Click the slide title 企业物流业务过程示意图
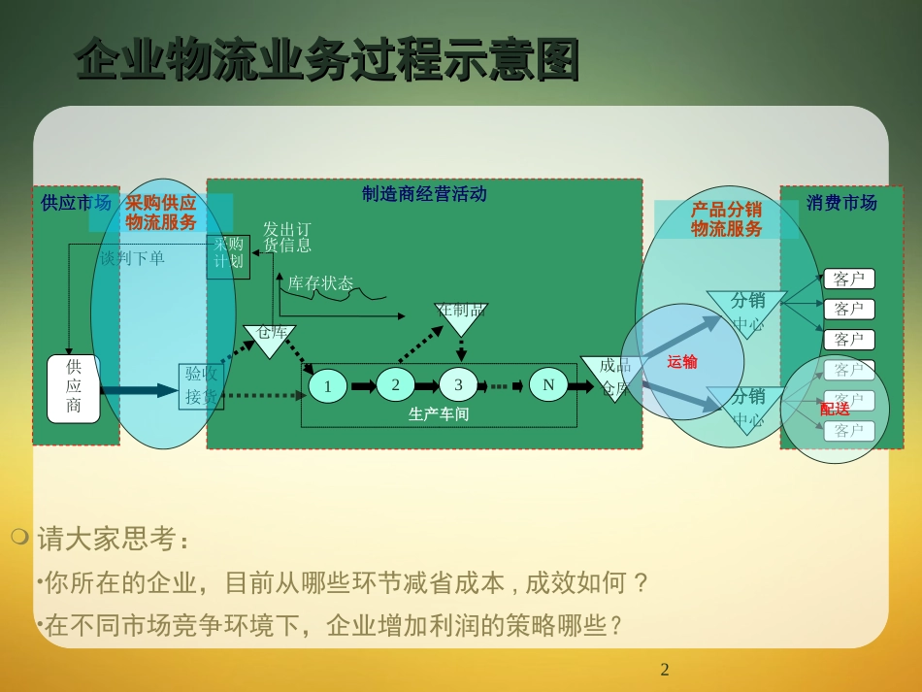pyautogui.click(x=327, y=60)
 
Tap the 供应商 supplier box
pyautogui.click(x=74, y=388)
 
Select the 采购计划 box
pyautogui.click(x=228, y=256)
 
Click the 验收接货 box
pyautogui.click(x=202, y=385)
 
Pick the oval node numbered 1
pyautogui.click(x=328, y=386)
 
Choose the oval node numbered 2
pyautogui.click(x=395, y=384)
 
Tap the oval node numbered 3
pyautogui.click(x=459, y=384)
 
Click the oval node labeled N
pyautogui.click(x=548, y=384)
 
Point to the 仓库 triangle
pyautogui.click(x=270, y=336)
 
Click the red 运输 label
pyautogui.click(x=682, y=362)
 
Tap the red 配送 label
pyautogui.click(x=835, y=409)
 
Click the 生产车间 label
pyautogui.click(x=439, y=414)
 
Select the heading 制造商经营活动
pyautogui.click(x=424, y=194)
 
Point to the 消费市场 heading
pyautogui.click(x=841, y=203)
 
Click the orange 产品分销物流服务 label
pyautogui.click(x=726, y=219)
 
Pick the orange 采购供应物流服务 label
pyautogui.click(x=161, y=213)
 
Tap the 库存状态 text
pyautogui.click(x=320, y=283)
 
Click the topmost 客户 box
pyautogui.click(x=848, y=280)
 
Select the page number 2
pyautogui.click(x=665, y=669)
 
